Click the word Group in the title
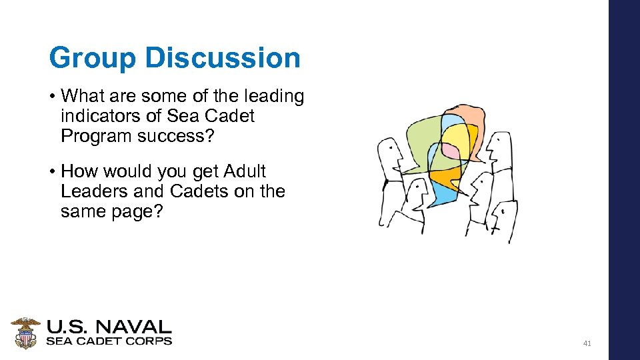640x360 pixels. click(x=93, y=58)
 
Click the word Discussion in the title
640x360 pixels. click(x=223, y=58)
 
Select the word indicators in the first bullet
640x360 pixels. click(x=101, y=116)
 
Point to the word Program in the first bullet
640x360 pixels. click(x=94, y=135)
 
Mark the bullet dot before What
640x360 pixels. click(x=52, y=97)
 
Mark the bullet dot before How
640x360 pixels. click(x=52, y=172)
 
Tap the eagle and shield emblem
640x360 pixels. click(x=25, y=333)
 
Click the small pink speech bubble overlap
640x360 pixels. click(x=451, y=152)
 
